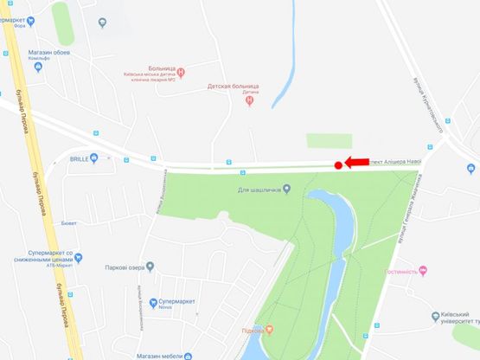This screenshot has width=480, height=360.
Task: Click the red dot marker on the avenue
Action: coord(338,164)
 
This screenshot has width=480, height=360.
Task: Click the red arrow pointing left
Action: coord(356,162)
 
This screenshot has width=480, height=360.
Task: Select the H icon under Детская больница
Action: coord(249,100)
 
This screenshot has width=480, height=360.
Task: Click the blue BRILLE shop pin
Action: coord(93,157)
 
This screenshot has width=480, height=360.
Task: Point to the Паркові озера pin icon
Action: coord(150,267)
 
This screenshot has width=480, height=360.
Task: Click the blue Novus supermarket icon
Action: coord(153,303)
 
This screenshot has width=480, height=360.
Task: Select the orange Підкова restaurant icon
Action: coord(268,329)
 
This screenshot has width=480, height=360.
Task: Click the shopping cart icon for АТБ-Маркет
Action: coord(78,257)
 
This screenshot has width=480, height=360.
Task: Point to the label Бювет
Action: coord(69,222)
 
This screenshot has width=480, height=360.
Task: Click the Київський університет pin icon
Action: coord(435,317)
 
